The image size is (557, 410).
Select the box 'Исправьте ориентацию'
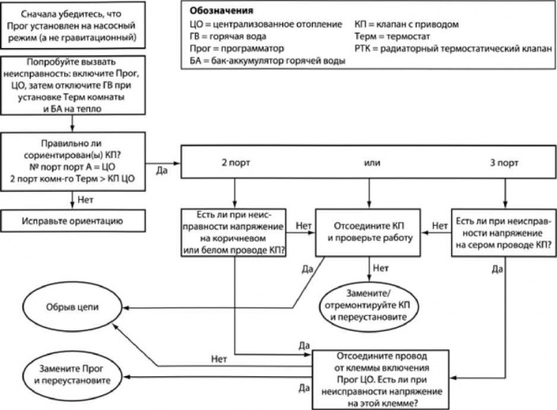[73, 221]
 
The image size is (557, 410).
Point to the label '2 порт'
[233, 162]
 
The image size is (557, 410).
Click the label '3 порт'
[504, 162]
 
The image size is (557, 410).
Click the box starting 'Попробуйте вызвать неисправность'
[73, 87]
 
